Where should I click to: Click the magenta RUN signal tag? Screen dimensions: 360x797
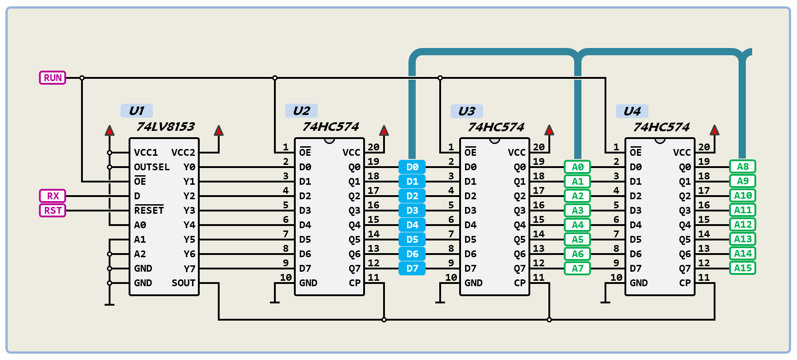point(53,78)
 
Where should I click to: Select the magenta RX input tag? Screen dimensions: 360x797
point(53,196)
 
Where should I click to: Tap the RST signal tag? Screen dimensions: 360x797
point(53,211)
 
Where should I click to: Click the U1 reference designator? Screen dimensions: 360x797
point(136,111)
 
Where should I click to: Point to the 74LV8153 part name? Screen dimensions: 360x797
point(165,127)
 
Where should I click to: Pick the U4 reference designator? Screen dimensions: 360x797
point(632,111)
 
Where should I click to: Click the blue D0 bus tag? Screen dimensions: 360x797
point(412,167)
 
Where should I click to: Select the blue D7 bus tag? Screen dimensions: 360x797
point(412,269)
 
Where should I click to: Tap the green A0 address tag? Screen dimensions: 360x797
point(577,167)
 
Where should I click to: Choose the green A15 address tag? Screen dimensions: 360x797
point(743,268)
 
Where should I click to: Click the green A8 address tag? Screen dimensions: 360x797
point(743,167)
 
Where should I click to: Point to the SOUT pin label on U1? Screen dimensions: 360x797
point(183,283)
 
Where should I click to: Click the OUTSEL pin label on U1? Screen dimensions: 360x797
point(152,167)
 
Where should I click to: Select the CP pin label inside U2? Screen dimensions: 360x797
point(355,283)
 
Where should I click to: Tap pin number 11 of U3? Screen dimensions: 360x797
point(538,277)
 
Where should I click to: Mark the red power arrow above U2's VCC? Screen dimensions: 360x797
point(384,130)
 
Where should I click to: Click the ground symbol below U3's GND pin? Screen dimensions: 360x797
point(440,302)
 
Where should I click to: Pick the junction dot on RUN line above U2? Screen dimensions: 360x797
point(275,78)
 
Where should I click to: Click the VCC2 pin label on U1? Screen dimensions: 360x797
point(183,153)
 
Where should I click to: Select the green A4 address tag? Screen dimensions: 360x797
point(577,225)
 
